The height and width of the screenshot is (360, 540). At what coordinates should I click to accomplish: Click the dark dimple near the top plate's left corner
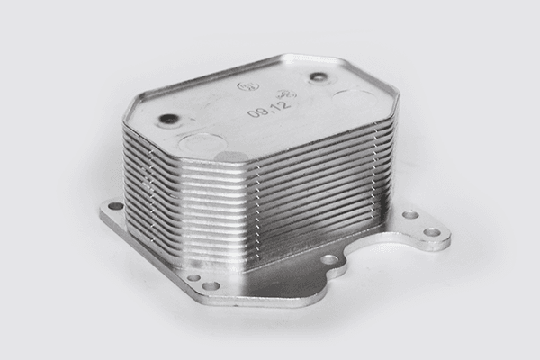click(x=167, y=118)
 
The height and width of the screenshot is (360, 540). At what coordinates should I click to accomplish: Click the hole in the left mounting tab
click(x=115, y=206)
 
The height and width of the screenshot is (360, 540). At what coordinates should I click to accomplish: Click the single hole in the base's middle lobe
click(x=330, y=259)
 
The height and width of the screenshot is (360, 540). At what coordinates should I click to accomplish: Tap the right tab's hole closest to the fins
click(x=410, y=215)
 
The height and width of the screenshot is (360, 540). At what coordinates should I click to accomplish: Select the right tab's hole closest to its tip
click(x=433, y=231)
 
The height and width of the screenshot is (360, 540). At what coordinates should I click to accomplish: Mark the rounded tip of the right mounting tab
click(x=447, y=237)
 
